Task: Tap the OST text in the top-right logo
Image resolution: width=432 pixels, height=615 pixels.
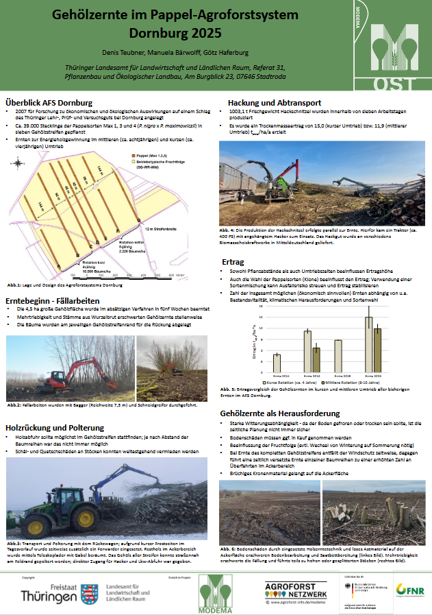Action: (394, 84)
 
